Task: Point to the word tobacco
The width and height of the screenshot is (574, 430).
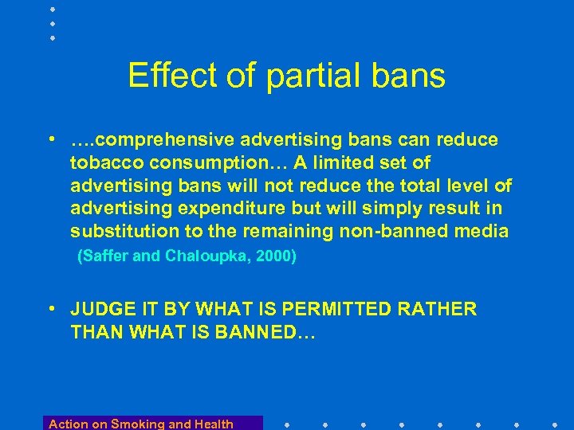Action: coord(104,163)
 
